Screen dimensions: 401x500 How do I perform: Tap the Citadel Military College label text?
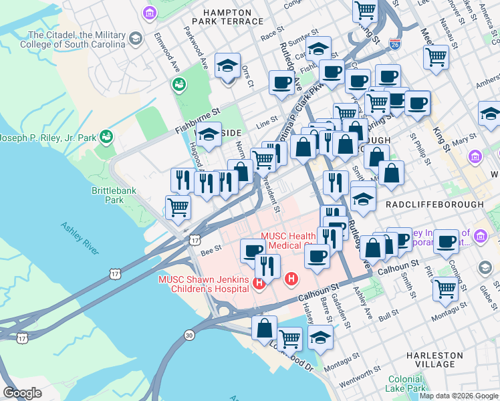pyautogui.click(x=76, y=39)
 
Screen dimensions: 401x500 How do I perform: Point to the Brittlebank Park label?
pyautogui.click(x=108, y=195)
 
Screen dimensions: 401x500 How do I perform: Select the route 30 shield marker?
pyautogui.click(x=189, y=335)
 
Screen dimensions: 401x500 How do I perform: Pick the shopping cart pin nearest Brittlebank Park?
pyautogui.click(x=178, y=207)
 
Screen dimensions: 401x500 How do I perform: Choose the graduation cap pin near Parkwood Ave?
pyautogui.click(x=227, y=65)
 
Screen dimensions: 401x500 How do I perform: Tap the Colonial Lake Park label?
pyautogui.click(x=406, y=384)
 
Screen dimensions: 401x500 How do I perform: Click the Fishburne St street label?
pyautogui.click(x=197, y=112)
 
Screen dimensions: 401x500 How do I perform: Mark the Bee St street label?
pyautogui.click(x=210, y=247)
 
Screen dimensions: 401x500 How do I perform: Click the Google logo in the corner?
pyautogui.click(x=22, y=393)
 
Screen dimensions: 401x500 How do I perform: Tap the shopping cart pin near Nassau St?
pyautogui.click(x=436, y=57)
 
